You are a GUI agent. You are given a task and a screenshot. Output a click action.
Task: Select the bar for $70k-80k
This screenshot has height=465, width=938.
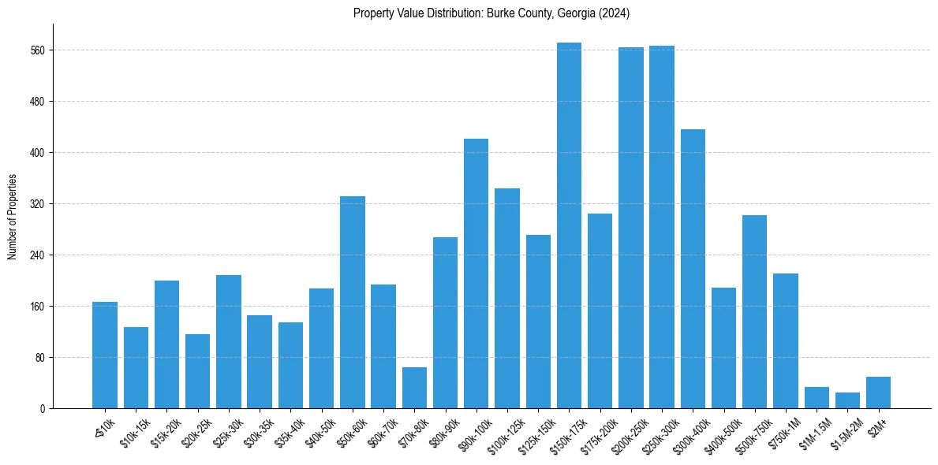414,388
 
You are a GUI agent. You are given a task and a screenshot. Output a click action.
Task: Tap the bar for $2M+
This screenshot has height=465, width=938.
878,392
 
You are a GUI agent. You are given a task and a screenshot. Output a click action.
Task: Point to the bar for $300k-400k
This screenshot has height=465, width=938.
693,269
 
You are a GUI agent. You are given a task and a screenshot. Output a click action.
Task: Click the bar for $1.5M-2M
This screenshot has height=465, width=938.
847,400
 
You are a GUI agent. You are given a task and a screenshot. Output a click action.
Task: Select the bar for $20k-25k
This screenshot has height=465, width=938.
198,371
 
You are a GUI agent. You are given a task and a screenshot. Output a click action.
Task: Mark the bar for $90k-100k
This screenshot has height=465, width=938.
476,273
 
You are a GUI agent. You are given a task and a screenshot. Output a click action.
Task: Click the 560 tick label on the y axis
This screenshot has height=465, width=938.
37,50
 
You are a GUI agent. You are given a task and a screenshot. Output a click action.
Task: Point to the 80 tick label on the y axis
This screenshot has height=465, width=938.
39,358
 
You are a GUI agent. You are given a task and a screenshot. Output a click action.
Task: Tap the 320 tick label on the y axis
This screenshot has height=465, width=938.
37,204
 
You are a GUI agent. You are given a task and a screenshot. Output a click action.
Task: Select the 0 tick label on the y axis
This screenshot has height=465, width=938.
42,409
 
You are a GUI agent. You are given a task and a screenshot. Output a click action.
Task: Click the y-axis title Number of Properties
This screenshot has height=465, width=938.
12,217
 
